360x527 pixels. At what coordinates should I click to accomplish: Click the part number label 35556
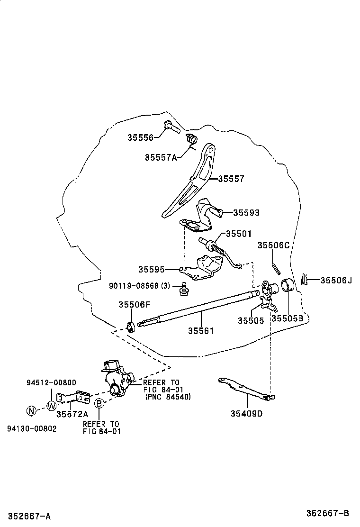tap(140, 137)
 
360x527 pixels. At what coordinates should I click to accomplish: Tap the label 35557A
tap(161, 157)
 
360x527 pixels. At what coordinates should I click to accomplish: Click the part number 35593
tap(246, 213)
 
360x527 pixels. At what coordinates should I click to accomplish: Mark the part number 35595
tap(152, 269)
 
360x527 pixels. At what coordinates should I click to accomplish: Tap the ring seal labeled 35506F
tap(131, 327)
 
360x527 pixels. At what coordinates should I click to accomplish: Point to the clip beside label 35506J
tap(305, 279)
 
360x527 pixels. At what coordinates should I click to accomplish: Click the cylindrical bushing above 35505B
tap(288, 287)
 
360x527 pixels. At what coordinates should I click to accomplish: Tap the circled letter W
tap(52, 406)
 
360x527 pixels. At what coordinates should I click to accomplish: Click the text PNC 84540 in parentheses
tap(168, 397)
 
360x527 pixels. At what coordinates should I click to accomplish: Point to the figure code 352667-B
tap(327, 513)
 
